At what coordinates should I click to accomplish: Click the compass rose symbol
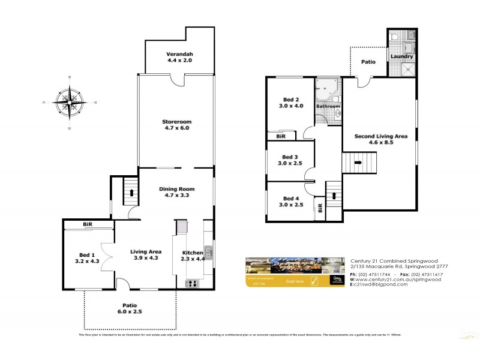[x=70, y=103]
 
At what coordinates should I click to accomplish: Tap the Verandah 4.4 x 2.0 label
[x=180, y=57]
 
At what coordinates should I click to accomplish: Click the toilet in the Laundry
[x=395, y=37]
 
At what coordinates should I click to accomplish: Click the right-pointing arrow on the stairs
[x=358, y=162]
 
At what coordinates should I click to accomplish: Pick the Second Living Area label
[x=380, y=140]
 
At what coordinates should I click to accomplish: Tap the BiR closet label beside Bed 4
[x=320, y=209]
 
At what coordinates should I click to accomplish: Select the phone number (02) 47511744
[x=375, y=274]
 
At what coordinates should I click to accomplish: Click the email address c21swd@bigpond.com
[x=381, y=284]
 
